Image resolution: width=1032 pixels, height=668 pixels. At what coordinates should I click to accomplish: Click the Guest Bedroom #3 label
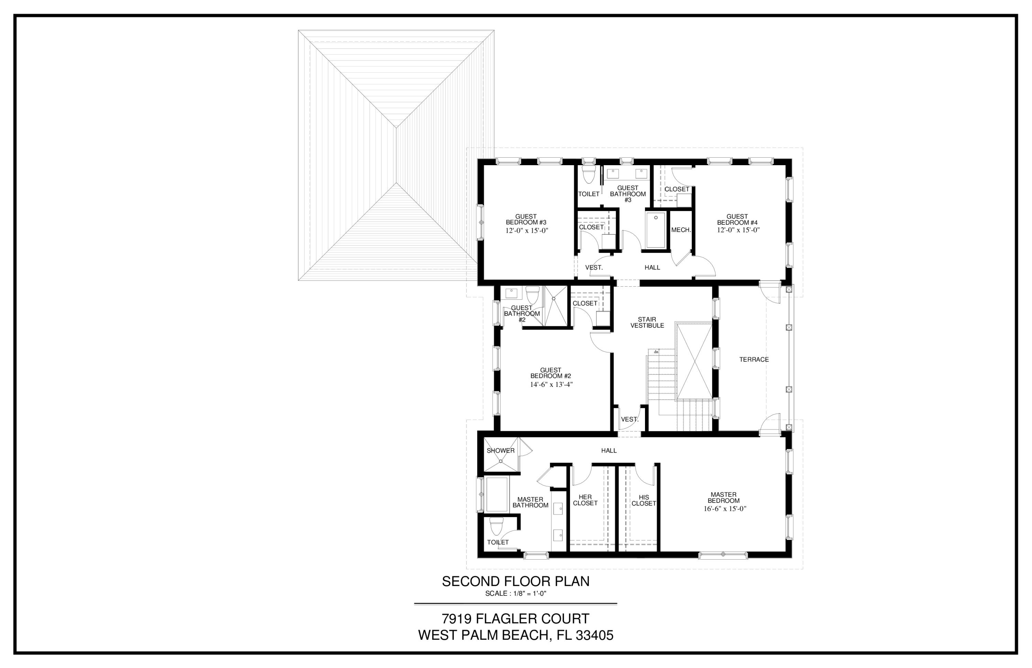point(526,220)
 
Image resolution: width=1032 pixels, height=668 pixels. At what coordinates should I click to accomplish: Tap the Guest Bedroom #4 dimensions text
point(738,230)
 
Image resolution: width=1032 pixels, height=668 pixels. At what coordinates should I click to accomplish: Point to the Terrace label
point(754,360)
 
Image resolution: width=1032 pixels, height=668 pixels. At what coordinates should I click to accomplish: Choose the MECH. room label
point(681,230)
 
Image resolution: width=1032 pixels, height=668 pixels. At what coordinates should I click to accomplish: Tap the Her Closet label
point(585,500)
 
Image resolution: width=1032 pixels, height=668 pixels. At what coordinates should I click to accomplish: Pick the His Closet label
point(644,500)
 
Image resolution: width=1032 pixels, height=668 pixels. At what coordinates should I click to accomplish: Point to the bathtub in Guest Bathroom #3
point(656,230)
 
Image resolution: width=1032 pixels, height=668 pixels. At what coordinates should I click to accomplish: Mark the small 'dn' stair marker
point(656,352)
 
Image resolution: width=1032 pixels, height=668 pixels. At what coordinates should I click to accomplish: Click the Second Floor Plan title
point(516,582)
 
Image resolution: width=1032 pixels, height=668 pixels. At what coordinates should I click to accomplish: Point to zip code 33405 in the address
point(594,635)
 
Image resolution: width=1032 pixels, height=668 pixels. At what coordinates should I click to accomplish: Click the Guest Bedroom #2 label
point(551,373)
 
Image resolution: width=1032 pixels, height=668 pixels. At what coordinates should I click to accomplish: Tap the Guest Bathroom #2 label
point(522,314)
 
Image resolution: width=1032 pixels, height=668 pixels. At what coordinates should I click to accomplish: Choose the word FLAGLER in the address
point(512,618)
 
